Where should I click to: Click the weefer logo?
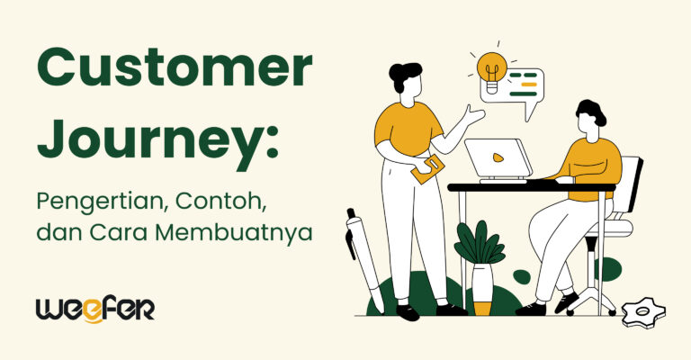click(x=94, y=308)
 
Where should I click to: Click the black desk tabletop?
click(x=531, y=187)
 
